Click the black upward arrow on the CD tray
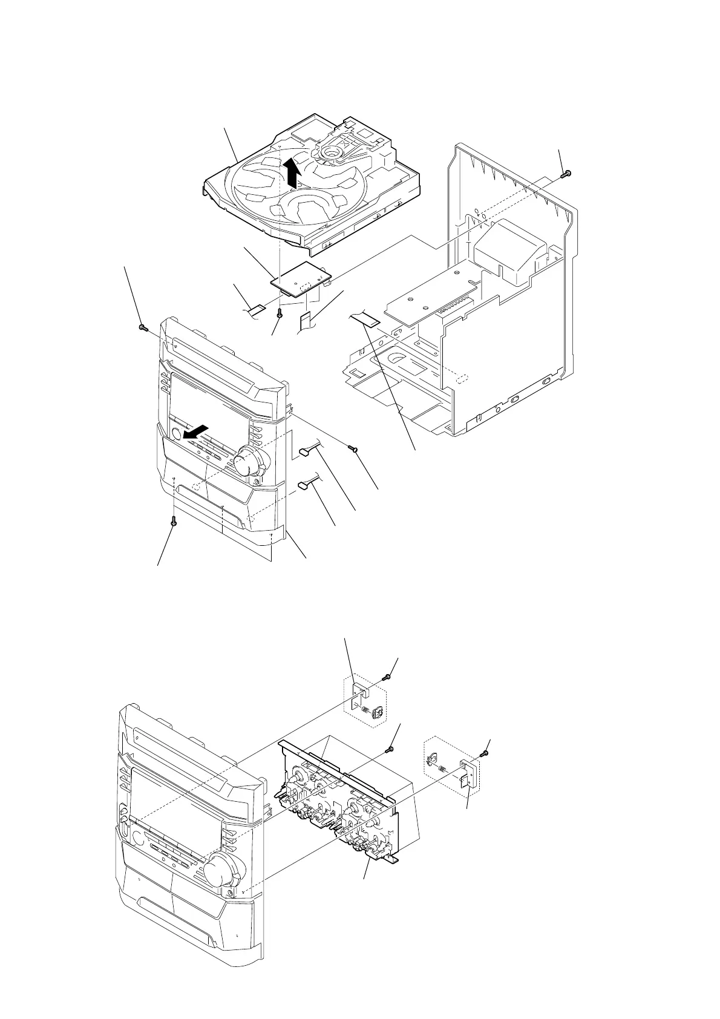[292, 171]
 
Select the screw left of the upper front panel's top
[142, 327]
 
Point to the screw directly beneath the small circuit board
[279, 314]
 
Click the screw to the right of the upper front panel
[353, 448]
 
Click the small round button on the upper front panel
[175, 433]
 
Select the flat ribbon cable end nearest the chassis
[364, 319]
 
